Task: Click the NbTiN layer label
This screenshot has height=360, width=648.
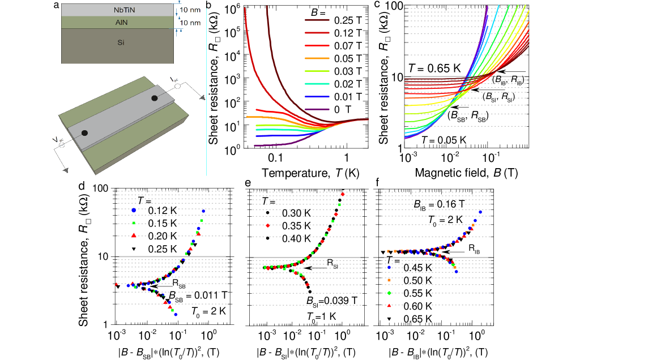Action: coord(125,10)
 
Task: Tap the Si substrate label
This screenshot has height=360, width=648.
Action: coord(121,42)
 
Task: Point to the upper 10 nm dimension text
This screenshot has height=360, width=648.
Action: coord(191,10)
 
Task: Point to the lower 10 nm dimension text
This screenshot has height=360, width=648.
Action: coord(191,23)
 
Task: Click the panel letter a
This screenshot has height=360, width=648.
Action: coord(56,6)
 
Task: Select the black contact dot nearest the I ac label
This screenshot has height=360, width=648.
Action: coord(154,98)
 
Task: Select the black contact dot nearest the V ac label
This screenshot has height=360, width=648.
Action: coord(84,133)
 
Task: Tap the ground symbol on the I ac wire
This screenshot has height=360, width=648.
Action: coord(202,97)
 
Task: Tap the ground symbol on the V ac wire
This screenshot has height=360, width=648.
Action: coord(66,169)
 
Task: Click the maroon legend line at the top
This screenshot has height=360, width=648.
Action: coord(317,20)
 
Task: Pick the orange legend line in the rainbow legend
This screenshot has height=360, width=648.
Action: coord(317,58)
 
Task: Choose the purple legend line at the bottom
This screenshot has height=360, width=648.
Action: coord(317,109)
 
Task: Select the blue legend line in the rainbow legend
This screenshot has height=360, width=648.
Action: coord(317,97)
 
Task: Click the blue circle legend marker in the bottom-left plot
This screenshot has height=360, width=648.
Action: coord(134,210)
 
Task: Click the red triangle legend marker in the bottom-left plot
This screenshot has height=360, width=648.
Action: coord(134,235)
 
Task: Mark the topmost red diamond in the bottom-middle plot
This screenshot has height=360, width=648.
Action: coord(343,194)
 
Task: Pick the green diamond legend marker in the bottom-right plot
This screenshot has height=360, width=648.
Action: coord(389,293)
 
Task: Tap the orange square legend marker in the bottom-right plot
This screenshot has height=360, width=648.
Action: coord(389,280)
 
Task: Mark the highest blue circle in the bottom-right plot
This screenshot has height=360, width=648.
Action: coord(480,212)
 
